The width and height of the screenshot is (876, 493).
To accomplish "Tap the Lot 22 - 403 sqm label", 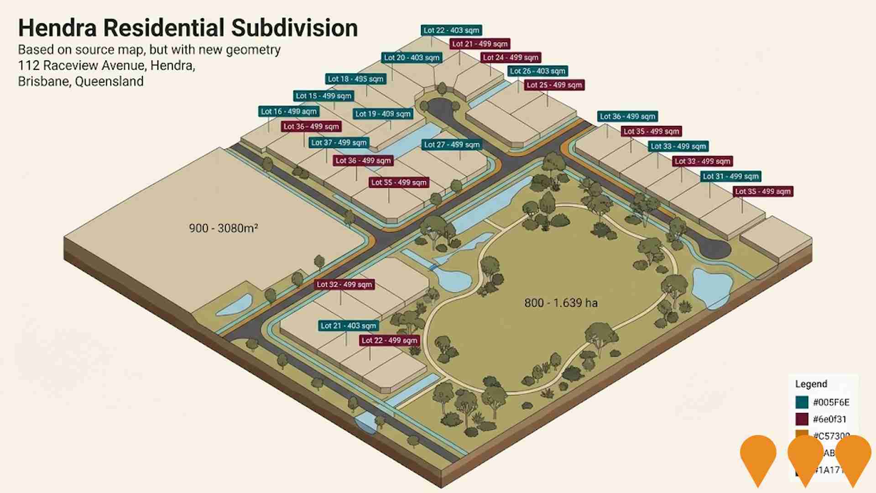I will pyautogui.click(x=451, y=31).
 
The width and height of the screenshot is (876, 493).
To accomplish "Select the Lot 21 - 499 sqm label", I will pyautogui.click(x=480, y=44).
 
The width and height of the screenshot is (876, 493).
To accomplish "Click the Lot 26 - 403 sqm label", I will pyautogui.click(x=537, y=71).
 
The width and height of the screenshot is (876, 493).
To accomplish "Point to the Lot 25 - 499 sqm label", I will pyautogui.click(x=554, y=85).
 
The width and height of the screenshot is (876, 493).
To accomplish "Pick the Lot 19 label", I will pyautogui.click(x=383, y=114).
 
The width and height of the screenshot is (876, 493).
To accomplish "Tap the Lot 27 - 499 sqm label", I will pyautogui.click(x=452, y=145).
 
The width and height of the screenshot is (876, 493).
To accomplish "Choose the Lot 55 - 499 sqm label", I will pyautogui.click(x=399, y=183).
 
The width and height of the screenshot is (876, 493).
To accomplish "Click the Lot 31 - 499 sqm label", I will pyautogui.click(x=730, y=177).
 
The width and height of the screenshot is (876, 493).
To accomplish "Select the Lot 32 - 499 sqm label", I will pyautogui.click(x=344, y=285).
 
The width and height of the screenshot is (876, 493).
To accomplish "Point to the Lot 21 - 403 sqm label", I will pyautogui.click(x=348, y=326).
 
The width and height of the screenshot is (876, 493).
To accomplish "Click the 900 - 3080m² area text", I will pyautogui.click(x=223, y=228).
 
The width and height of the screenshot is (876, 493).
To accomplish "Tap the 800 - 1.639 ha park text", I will pyautogui.click(x=561, y=303).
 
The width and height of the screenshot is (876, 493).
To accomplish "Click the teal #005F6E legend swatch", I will pyautogui.click(x=802, y=402).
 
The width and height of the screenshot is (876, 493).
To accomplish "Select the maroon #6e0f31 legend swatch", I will pyautogui.click(x=802, y=419).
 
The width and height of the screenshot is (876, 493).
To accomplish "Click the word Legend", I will pyautogui.click(x=811, y=384).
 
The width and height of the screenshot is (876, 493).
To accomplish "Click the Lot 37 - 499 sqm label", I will pyautogui.click(x=339, y=143).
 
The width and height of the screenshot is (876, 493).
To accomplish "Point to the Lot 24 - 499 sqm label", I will pyautogui.click(x=511, y=58).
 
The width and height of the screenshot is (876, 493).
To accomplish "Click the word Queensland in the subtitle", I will pyautogui.click(x=109, y=82).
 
